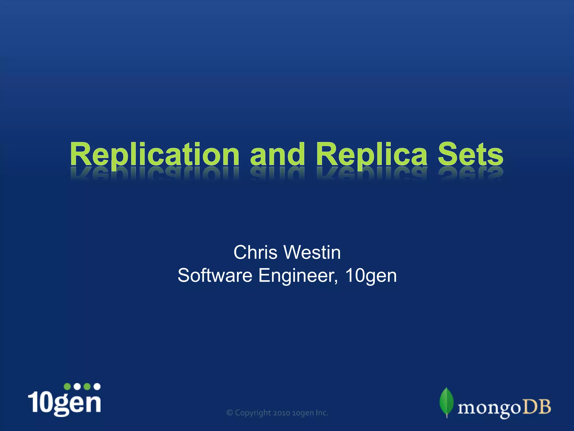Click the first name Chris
[255, 253]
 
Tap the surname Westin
[312, 253]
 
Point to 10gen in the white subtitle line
[371, 276]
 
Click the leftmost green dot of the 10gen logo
[67, 387]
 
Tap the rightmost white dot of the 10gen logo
[97, 387]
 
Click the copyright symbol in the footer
[230, 413]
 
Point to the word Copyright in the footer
[253, 413]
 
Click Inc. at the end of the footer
[322, 413]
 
